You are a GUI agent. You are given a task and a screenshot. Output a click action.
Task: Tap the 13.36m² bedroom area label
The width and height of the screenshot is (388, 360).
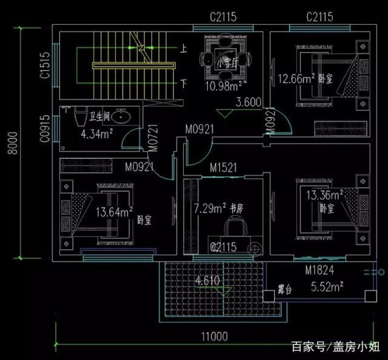(x=324, y=195)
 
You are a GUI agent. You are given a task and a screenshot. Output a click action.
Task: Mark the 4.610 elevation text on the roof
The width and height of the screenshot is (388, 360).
(x=207, y=281)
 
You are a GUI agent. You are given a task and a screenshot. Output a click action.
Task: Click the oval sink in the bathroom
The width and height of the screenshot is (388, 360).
(x=121, y=115)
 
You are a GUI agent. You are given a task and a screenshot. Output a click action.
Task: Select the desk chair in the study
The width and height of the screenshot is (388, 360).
(x=234, y=227)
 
